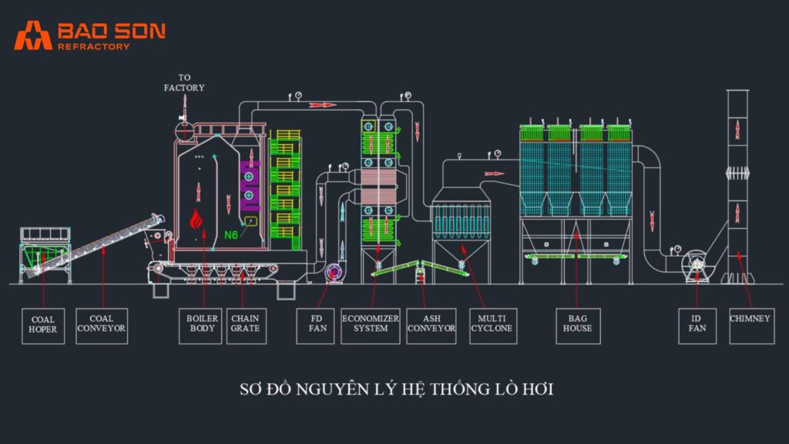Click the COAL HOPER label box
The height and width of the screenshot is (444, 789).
pyautogui.click(x=43, y=325)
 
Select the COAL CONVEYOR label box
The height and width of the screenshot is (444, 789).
pyautogui.click(x=101, y=325)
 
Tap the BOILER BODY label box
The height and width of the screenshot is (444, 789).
pyautogui.click(x=203, y=325)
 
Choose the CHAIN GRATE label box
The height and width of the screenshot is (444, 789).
pyautogui.click(x=246, y=325)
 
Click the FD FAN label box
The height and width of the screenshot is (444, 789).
pyautogui.click(x=317, y=325)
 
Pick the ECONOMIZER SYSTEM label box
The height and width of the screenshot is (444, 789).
pyautogui.click(x=371, y=325)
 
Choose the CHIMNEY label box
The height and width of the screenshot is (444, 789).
pyautogui.click(x=750, y=325)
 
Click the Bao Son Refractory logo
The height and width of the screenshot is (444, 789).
pyautogui.click(x=89, y=35)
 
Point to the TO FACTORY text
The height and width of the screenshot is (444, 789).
pyautogui.click(x=184, y=82)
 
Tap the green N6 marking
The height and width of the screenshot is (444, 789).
pyautogui.click(x=231, y=234)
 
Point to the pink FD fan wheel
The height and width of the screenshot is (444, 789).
pyautogui.click(x=334, y=272)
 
